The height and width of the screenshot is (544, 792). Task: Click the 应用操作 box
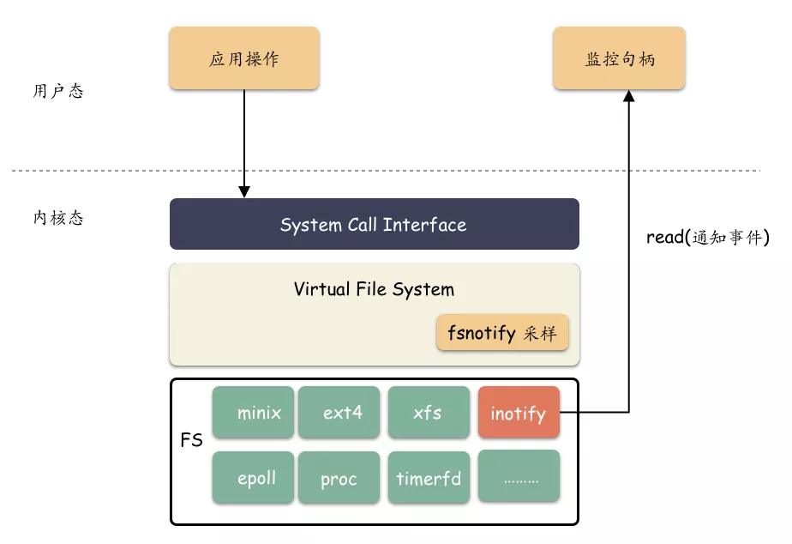point(244,58)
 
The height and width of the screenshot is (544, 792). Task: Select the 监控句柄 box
point(619,58)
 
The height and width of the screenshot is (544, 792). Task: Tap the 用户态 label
point(58,91)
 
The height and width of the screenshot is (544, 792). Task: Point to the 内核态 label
point(58,218)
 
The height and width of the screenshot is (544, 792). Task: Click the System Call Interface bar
point(375,224)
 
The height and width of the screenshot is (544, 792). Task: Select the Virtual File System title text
point(374,289)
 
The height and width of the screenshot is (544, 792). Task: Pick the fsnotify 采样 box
point(502,332)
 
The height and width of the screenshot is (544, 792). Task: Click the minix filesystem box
point(253,412)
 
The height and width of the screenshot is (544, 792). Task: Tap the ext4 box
point(339,412)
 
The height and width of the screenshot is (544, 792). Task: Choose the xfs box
point(429,412)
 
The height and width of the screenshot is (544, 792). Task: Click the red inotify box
point(519,412)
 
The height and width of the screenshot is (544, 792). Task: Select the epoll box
point(253,477)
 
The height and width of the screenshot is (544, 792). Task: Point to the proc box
point(339,477)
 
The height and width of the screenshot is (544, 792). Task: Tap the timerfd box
point(429,477)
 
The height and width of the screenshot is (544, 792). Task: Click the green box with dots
point(519,476)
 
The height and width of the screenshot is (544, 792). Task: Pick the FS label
point(191,440)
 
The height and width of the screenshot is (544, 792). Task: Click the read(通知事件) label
point(708,237)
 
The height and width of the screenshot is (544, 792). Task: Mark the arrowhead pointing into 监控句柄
point(629,96)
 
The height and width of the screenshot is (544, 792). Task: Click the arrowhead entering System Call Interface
point(244,191)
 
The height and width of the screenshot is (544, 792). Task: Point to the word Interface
point(424,225)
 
